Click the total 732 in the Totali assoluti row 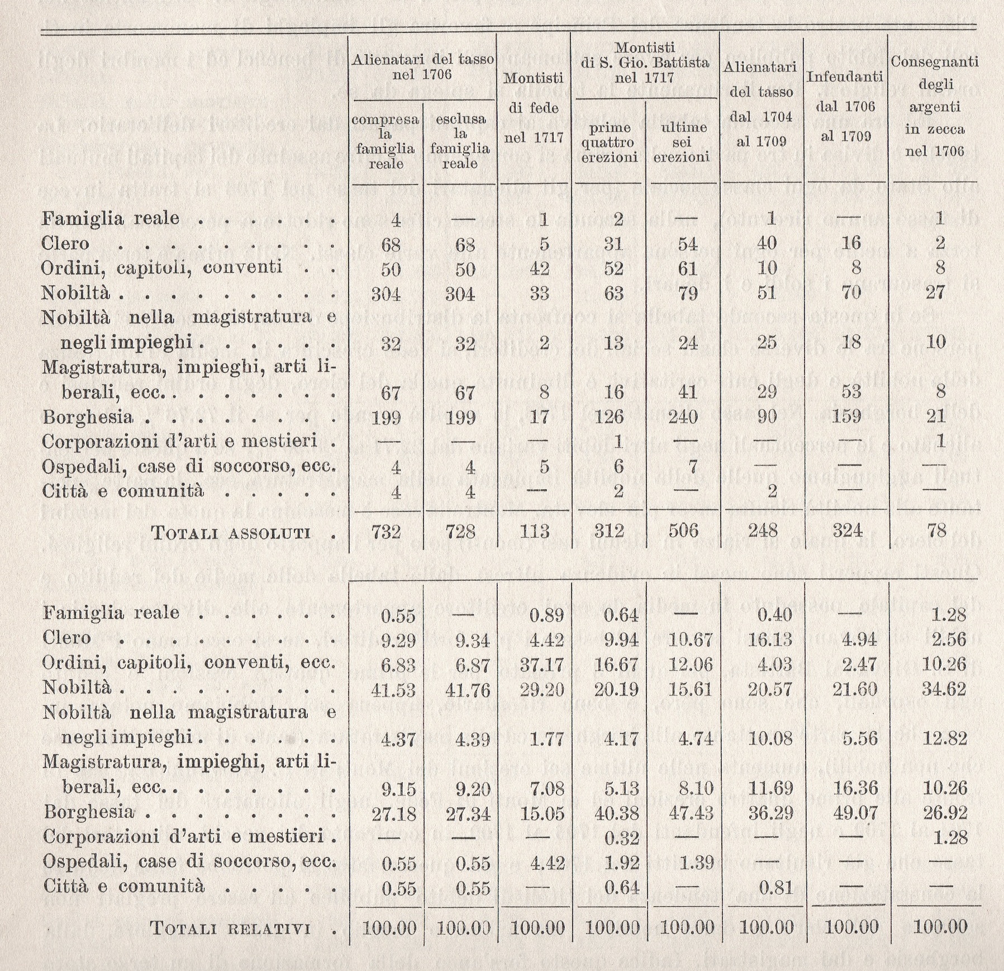387,531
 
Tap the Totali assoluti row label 231,532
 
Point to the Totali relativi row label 230,929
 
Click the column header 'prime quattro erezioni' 610,143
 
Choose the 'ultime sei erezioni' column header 682,143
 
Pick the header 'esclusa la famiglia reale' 460,140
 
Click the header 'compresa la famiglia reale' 386,140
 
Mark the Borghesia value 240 683,418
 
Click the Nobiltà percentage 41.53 393,690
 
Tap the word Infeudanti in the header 844,77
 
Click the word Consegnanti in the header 935,61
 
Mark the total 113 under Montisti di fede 534,531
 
